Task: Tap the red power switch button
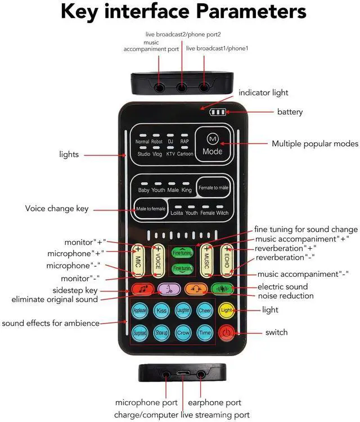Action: point(226,333)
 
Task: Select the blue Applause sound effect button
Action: point(140,310)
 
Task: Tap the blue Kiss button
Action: point(161,310)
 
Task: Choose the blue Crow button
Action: point(183,333)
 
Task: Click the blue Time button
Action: point(205,333)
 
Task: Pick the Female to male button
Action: point(212,187)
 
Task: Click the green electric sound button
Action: point(222,289)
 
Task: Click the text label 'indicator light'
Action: point(263,92)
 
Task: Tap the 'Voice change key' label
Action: point(57,209)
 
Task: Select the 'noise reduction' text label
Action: point(286,296)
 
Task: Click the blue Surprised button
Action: point(140,333)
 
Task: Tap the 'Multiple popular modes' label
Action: point(315,143)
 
